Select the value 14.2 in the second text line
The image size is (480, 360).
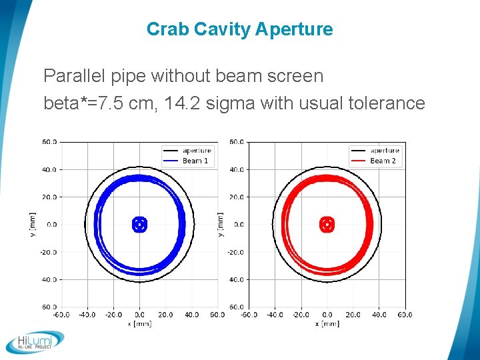pyautogui.click(x=229, y=103)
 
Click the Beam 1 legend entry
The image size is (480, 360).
pyautogui.click(x=195, y=161)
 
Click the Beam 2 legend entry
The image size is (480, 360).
pyautogui.click(x=383, y=161)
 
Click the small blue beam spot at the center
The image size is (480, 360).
pyautogui.click(x=139, y=225)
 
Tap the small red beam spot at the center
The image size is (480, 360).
pyautogui.click(x=327, y=225)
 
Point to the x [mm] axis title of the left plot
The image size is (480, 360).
pyautogui.click(x=139, y=323)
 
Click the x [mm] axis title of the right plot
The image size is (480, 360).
pyautogui.click(x=327, y=323)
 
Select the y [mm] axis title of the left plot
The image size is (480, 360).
pyautogui.click(x=33, y=225)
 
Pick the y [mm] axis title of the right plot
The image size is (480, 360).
pyautogui.click(x=221, y=225)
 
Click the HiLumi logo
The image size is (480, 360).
pyautogui.click(x=35, y=341)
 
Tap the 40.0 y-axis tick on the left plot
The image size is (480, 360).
pyautogui.click(x=50, y=169)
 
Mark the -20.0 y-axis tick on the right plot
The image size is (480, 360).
pyautogui.click(x=236, y=252)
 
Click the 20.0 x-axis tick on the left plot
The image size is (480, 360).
pyautogui.click(x=165, y=314)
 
